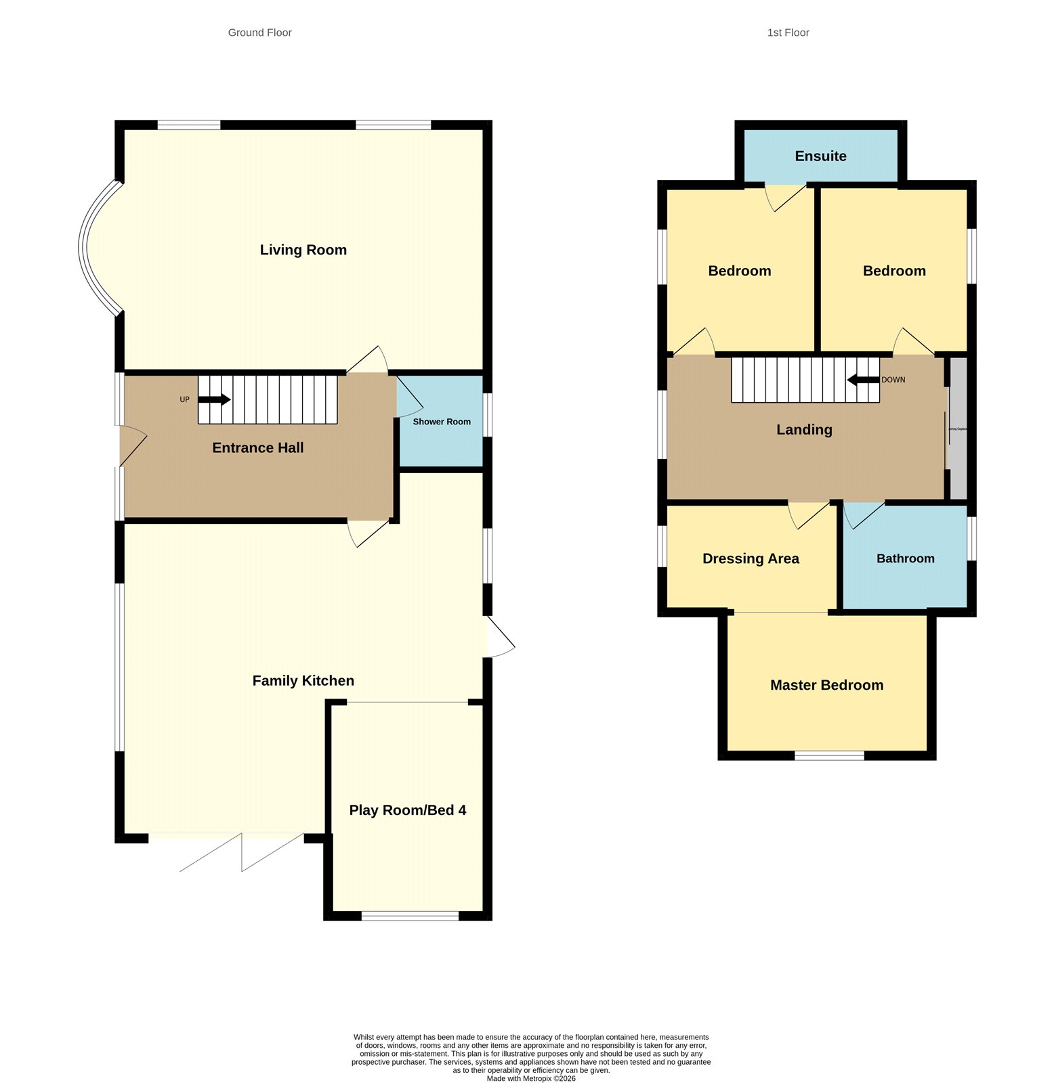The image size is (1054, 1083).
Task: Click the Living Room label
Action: coord(303,250)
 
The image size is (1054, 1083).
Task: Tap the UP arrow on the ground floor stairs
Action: coord(214,399)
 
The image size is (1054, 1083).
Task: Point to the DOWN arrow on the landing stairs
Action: coord(863,380)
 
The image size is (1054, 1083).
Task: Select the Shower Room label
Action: coord(442,422)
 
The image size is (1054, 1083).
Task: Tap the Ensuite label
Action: coord(820,156)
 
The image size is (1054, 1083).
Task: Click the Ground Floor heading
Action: coord(259,32)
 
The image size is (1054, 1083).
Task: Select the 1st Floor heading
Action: coord(788,32)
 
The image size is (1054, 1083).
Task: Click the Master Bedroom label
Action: coord(826,685)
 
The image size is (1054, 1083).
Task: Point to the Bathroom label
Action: coord(905,558)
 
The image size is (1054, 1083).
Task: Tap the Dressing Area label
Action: coord(751,558)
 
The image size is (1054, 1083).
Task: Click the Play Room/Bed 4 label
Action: coord(407,810)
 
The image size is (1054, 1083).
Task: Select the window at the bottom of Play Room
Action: coord(410,916)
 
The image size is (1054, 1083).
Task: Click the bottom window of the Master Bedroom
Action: coord(829,755)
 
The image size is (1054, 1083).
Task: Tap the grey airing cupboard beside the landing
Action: coord(958,428)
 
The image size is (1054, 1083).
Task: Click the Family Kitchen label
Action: coord(303,681)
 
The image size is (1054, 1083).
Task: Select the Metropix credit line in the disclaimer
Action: coord(530,1079)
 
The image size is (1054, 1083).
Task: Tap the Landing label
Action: coord(804,430)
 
